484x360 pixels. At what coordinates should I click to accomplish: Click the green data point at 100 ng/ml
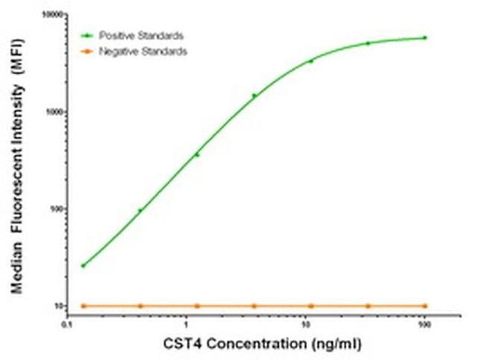(x=425, y=37)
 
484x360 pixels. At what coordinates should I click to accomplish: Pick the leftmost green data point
(x=83, y=265)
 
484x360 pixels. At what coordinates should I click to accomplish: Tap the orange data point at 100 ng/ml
(x=425, y=306)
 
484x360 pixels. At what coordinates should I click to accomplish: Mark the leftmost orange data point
(x=83, y=306)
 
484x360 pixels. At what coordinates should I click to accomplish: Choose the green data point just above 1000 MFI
(x=254, y=95)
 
